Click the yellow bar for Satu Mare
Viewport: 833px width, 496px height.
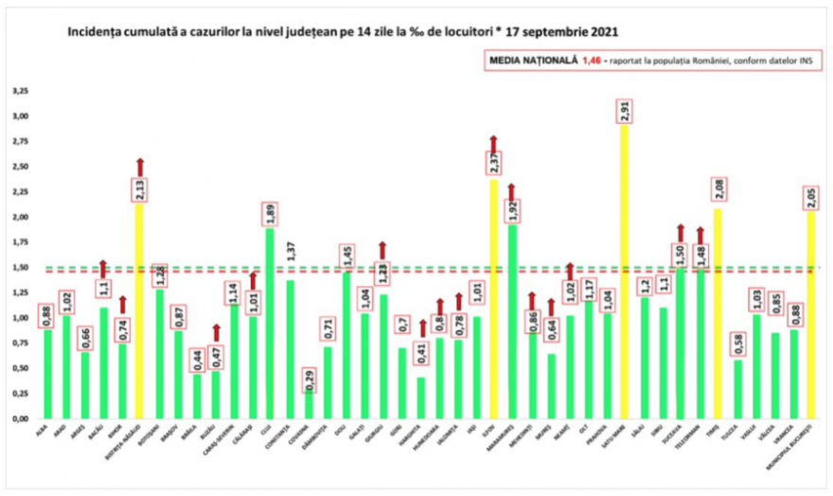(x=623, y=275)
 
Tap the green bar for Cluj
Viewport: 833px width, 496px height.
(x=270, y=322)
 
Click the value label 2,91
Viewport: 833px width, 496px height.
(x=623, y=111)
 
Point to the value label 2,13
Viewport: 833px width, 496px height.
(x=139, y=190)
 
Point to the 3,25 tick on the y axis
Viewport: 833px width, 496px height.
(x=20, y=92)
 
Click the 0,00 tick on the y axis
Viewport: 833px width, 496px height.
(x=20, y=418)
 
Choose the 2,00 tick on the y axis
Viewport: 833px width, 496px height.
(x=20, y=218)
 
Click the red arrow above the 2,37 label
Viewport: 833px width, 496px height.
(x=493, y=142)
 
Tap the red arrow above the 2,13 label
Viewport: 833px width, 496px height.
(x=139, y=167)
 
